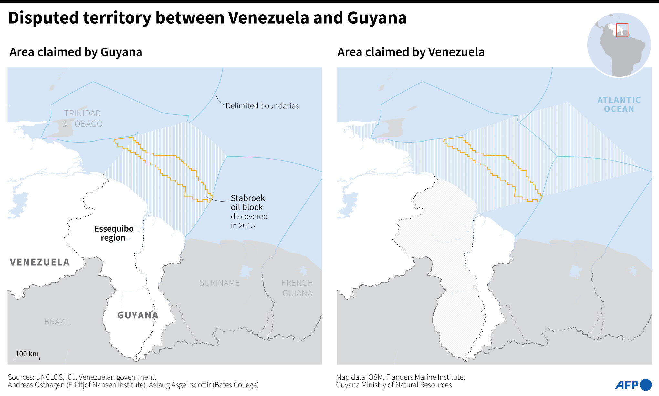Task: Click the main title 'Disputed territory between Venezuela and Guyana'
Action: point(207,17)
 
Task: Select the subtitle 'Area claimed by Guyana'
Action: point(76,52)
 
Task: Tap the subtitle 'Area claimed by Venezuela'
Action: point(411,52)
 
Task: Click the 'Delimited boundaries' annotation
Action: point(262,106)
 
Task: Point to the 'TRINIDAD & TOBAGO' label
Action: point(82,118)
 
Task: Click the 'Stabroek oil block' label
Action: point(247,203)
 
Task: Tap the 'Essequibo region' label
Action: point(114,233)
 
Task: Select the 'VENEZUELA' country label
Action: point(40,262)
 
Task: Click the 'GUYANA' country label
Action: point(138,315)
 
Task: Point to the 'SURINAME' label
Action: point(219,283)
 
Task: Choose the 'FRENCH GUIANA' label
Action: point(297,288)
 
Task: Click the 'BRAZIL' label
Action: point(58,322)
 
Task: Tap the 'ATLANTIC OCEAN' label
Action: point(619,104)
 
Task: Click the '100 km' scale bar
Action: point(27,355)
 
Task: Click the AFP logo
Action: point(633,384)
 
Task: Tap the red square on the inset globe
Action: point(622,30)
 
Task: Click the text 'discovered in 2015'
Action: point(249,221)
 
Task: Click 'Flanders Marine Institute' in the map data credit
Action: point(425,377)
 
